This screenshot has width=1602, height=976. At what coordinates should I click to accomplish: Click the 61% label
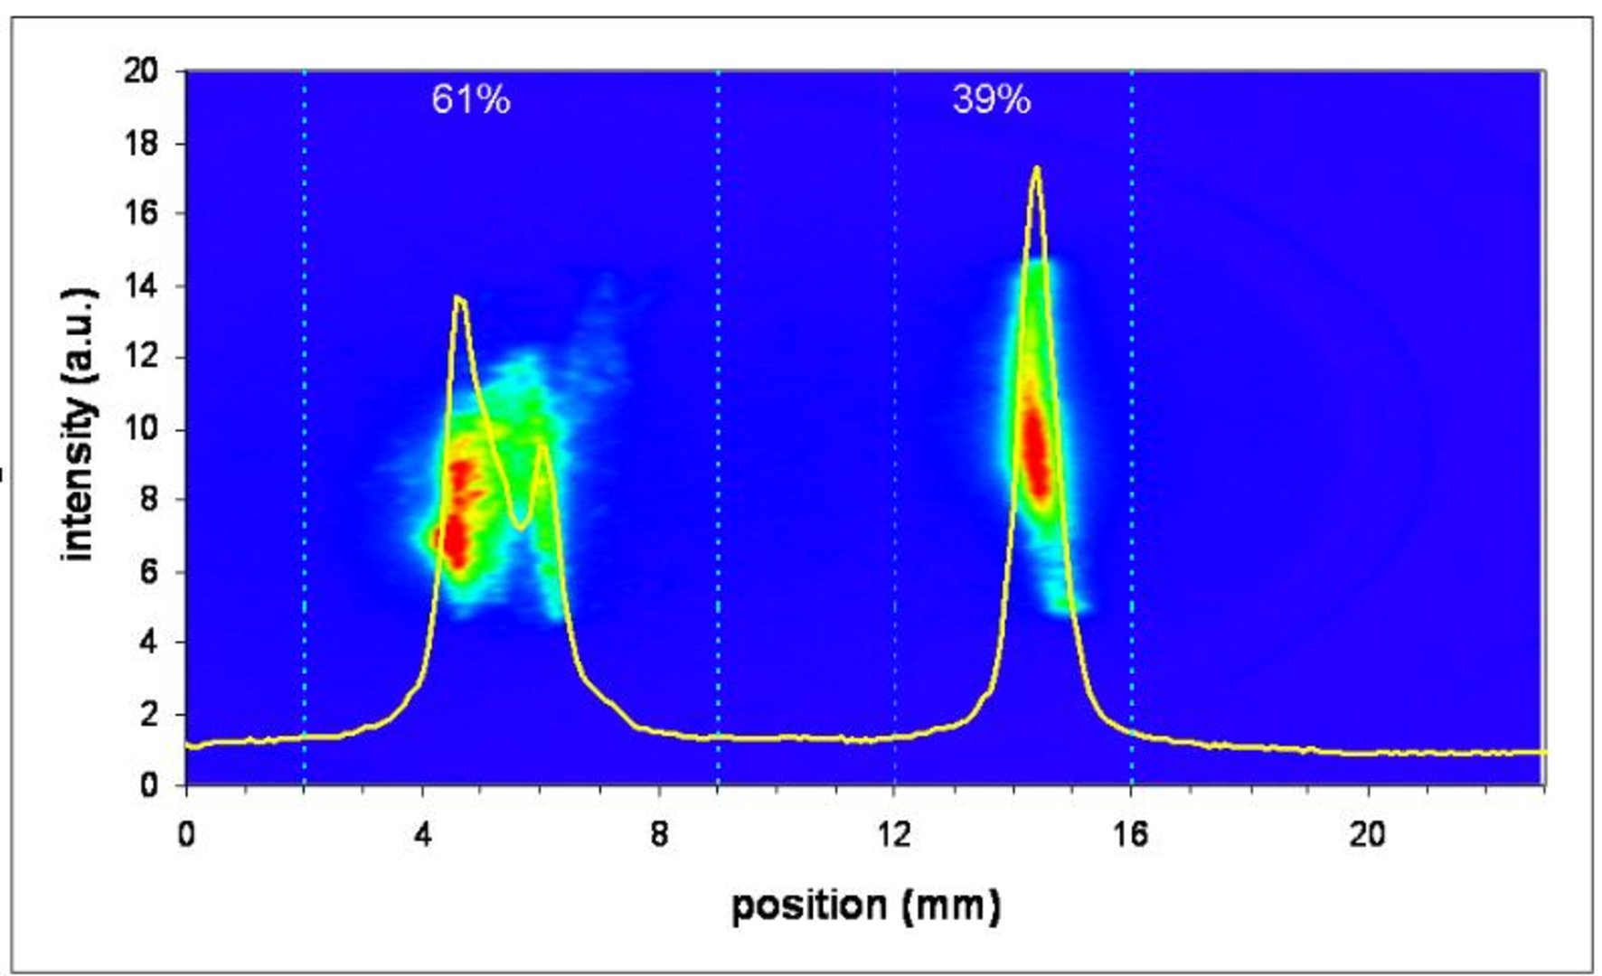470,99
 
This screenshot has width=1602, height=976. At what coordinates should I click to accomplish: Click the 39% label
991,99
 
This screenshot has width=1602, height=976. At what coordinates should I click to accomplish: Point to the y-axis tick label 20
140,70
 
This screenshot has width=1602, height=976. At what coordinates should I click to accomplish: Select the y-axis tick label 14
140,286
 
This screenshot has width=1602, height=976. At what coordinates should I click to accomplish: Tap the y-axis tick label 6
148,572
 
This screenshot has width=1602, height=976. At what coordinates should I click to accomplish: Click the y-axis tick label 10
140,428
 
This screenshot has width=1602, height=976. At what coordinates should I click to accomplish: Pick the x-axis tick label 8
659,834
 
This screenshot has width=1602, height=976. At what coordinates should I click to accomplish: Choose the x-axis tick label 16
1131,834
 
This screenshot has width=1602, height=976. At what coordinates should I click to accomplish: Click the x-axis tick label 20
1367,834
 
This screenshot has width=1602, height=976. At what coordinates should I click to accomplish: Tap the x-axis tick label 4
422,834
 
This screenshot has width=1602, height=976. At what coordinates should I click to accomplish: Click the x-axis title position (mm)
865,906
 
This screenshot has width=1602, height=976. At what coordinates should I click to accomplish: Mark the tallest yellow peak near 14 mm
1036,168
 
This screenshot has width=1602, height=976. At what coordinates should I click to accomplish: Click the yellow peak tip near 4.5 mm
459,297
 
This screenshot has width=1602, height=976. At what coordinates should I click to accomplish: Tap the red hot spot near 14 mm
1034,447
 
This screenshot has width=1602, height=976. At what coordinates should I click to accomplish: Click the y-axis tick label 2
148,714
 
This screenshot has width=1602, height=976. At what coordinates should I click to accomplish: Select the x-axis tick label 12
894,834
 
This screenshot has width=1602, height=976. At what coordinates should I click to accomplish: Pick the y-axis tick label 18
140,143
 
